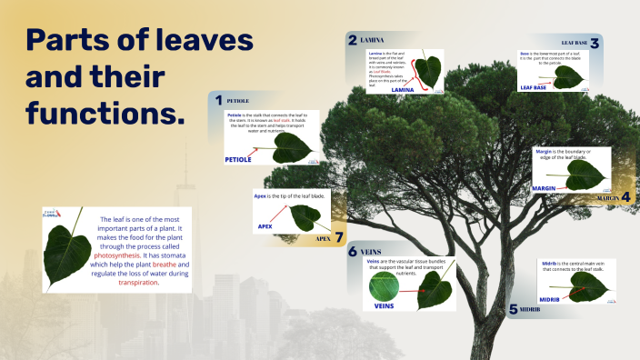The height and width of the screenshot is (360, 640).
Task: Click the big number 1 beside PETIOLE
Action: (x=217, y=99)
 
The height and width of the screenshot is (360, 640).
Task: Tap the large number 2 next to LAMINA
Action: (x=352, y=40)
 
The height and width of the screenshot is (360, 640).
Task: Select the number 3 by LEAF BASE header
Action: (x=595, y=43)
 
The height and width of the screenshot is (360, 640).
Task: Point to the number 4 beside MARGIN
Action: (x=625, y=196)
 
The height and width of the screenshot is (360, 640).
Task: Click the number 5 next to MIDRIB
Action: (x=513, y=309)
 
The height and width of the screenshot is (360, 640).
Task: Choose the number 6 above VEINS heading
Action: (x=352, y=251)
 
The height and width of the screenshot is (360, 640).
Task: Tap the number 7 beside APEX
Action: (x=339, y=238)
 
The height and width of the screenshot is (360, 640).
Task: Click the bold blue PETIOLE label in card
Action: (x=237, y=159)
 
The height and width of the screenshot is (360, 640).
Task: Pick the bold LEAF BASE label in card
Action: (x=534, y=87)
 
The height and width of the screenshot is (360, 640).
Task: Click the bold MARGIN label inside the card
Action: (x=544, y=187)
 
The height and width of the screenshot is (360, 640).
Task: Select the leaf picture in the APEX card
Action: (x=303, y=216)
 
